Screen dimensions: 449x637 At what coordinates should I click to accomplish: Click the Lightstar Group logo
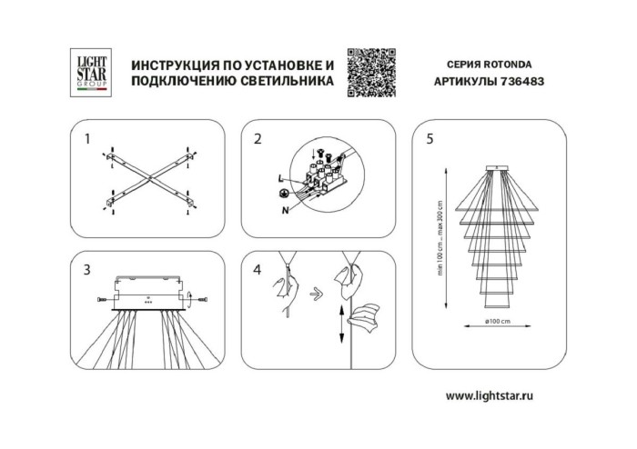click(91, 72)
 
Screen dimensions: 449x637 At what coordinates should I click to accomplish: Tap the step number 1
click(87, 139)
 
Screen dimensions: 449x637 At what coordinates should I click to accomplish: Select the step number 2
click(258, 139)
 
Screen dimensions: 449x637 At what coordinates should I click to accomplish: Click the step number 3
click(87, 270)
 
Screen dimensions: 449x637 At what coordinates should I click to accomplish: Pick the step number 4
click(258, 270)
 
